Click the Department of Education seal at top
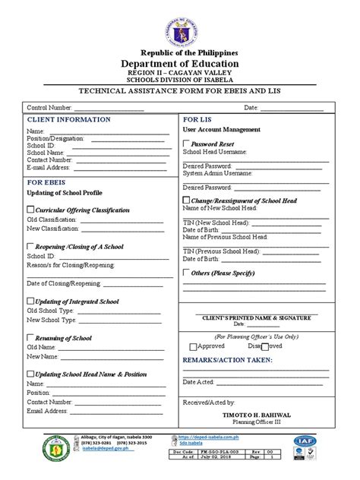coord(180,25)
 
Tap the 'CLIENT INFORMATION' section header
coord(69,120)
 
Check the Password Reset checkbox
coord(186,143)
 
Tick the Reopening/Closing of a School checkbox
coord(30,247)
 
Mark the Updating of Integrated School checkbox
coord(30,302)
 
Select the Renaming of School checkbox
coord(30,338)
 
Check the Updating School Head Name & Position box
coord(30,374)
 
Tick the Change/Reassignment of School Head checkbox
coord(186,201)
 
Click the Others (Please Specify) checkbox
coord(186,272)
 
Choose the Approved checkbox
coord(192,346)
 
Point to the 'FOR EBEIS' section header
coord(48,183)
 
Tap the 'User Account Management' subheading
coord(221,130)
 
